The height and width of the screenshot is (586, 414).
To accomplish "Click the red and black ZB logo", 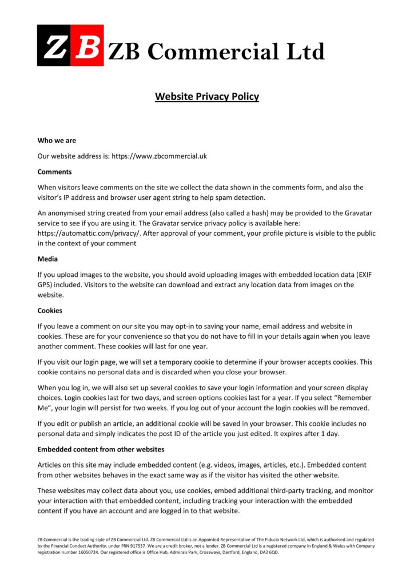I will point(70,45).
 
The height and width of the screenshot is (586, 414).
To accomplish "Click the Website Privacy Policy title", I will point(206,96).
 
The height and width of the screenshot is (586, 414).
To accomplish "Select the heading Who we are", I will point(57,140).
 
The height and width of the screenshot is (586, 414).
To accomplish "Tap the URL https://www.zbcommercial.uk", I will point(159,156).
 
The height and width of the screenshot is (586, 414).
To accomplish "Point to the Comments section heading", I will point(54,172).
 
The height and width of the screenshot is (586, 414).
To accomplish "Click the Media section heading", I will point(47,259).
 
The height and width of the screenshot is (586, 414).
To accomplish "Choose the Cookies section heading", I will point(50,311).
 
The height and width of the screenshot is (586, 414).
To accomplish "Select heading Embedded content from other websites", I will point(101,449).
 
